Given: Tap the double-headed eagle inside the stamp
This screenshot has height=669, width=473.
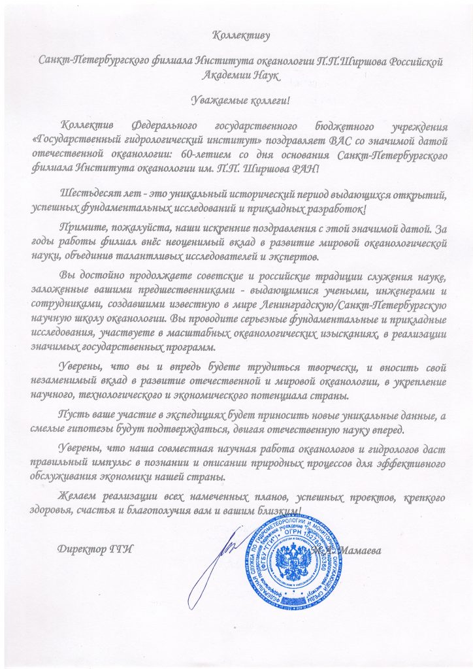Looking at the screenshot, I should (297, 562).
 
